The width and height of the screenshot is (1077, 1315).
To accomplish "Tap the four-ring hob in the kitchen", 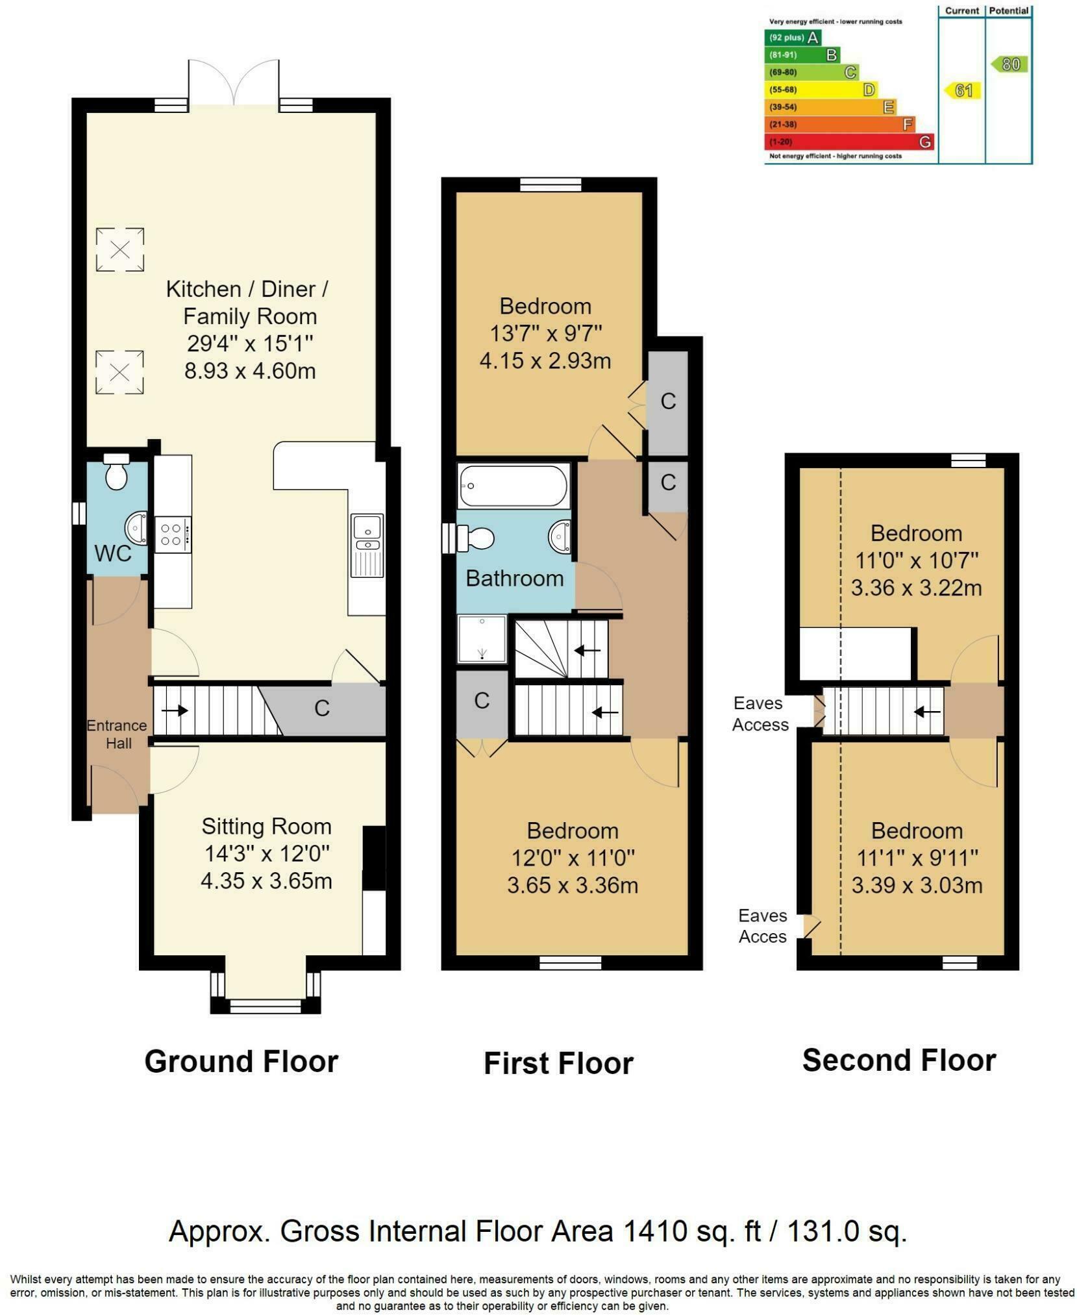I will (172, 534).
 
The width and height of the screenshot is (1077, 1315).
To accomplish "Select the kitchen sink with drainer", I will (367, 545).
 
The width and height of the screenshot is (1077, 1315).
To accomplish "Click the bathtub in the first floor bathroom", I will (513, 485).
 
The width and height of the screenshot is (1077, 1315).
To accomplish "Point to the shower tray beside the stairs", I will (482, 639).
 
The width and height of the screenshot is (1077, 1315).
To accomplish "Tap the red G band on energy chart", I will (849, 142).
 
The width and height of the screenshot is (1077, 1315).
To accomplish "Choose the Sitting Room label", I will (266, 827).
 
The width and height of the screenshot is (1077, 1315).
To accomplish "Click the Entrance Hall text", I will (117, 734).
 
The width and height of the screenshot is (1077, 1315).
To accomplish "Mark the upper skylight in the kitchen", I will (119, 249).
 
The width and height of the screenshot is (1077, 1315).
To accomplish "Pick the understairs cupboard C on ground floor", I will (322, 708).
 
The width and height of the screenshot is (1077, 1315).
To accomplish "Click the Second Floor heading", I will (898, 1060).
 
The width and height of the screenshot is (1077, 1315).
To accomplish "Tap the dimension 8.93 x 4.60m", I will (249, 371).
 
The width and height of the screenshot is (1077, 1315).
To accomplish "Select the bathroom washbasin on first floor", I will (559, 536).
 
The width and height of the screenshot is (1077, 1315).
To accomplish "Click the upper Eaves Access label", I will (760, 714).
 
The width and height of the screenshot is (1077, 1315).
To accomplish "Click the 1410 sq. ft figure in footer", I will (691, 1231).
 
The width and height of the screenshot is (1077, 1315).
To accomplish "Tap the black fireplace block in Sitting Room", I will (373, 857).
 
